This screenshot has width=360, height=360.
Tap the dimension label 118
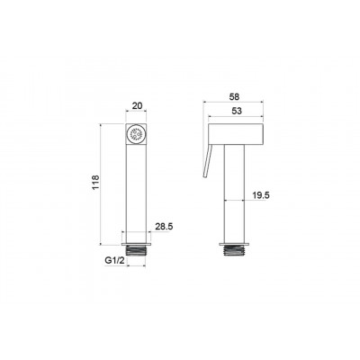[x=95, y=182]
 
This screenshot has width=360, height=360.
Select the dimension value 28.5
[x=164, y=227]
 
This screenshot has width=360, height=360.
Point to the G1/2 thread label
[x=114, y=260]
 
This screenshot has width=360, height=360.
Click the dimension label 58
[x=234, y=96]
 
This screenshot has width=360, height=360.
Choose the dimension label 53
[x=237, y=111]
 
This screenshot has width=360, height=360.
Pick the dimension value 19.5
[x=261, y=195]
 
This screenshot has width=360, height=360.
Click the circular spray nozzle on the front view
[x=136, y=134]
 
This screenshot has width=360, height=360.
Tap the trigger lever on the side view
[x=208, y=160]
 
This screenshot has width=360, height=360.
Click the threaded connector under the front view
[x=136, y=249]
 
